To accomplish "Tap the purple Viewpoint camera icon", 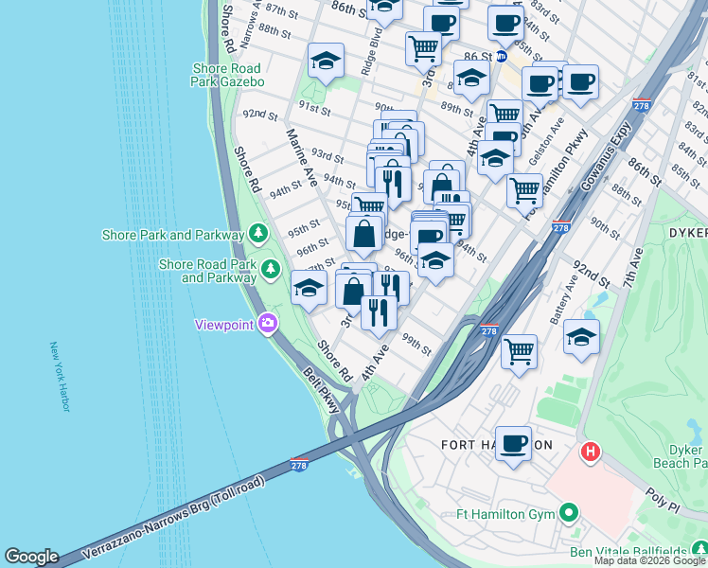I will tap(268, 324).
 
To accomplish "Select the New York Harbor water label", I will tap(59, 377).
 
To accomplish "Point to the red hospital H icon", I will tap(591, 453).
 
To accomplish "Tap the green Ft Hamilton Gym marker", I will tap(568, 515).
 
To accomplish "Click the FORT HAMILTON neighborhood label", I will tap(497, 444).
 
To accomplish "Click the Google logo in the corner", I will tap(31, 557).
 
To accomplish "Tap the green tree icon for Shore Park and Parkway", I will tap(257, 233).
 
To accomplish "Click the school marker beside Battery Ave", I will tap(581, 335).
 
